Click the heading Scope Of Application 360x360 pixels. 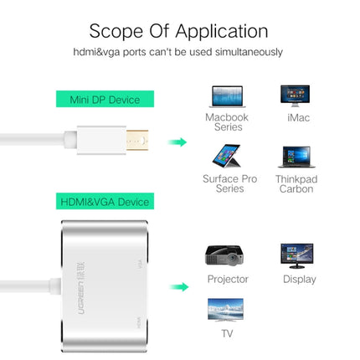[179, 31]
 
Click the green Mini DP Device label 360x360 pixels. [100, 100]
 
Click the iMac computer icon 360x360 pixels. [297, 95]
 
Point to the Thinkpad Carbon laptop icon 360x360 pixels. [297, 157]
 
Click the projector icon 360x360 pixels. [227, 256]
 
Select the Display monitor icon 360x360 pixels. [298, 255]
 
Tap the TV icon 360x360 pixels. [227, 312]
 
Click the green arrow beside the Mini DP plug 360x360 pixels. [177, 141]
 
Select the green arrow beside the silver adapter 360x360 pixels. [177, 287]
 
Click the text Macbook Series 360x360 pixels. [227, 123]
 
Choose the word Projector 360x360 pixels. [228, 279]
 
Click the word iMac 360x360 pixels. [297, 117]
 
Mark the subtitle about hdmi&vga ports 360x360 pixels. [179, 52]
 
